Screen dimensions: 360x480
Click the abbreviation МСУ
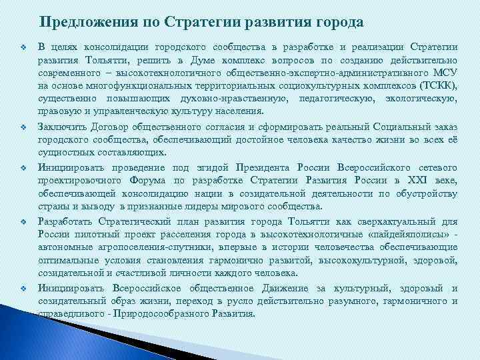pos(444,73)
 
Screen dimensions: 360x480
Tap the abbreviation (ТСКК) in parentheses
pos(437,86)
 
